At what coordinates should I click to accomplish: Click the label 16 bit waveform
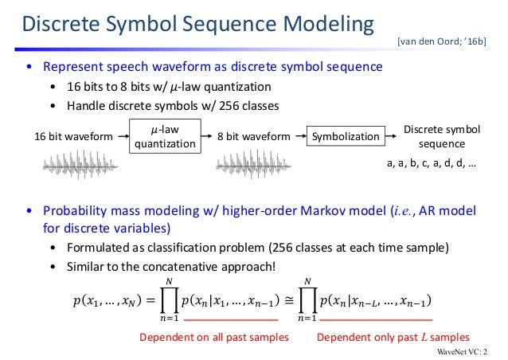click(72, 137)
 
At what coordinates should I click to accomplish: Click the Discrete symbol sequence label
click(440, 136)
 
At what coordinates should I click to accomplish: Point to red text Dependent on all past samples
click(213, 337)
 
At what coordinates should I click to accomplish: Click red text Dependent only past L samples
click(393, 337)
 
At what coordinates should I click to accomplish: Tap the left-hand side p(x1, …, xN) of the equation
click(111, 301)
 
